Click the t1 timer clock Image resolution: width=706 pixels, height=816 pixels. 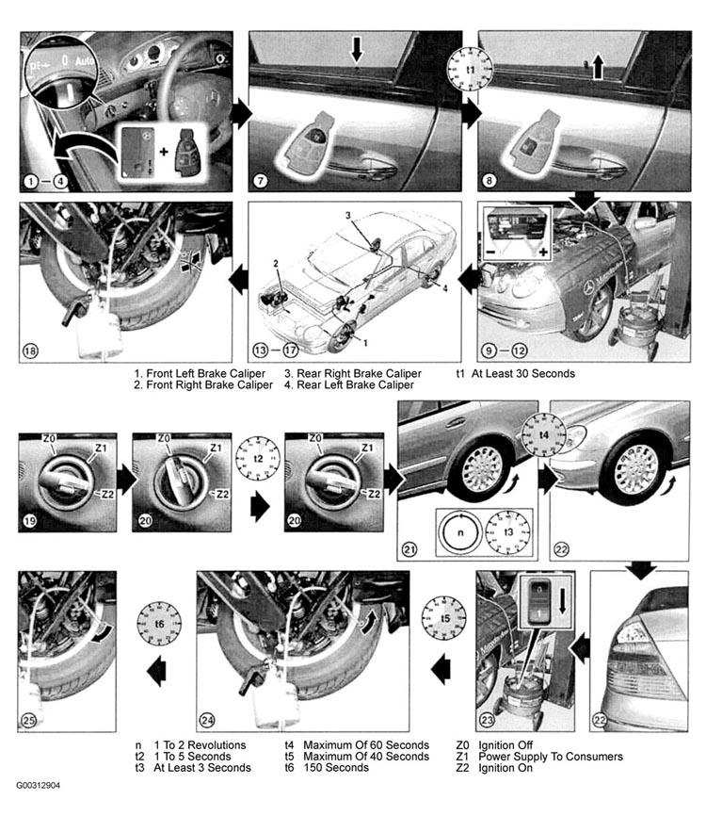click(470, 69)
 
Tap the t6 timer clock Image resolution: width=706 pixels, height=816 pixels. click(159, 624)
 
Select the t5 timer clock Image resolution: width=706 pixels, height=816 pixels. click(444, 618)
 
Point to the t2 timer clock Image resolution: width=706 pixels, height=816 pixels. click(258, 459)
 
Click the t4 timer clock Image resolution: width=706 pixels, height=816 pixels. click(544, 434)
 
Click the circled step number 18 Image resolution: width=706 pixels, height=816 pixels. click(30, 351)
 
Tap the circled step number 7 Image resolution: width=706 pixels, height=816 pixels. click(260, 181)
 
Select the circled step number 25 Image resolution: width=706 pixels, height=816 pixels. click(28, 720)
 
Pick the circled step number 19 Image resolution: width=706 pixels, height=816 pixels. click(29, 520)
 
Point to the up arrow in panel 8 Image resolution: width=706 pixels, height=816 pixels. click(598, 67)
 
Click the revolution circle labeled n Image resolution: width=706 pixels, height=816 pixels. click(460, 532)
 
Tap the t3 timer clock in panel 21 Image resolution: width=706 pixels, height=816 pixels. click(508, 532)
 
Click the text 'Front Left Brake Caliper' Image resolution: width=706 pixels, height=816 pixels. click(206, 374)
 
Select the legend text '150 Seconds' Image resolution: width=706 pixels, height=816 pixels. click(336, 768)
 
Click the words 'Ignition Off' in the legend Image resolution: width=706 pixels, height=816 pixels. click(505, 745)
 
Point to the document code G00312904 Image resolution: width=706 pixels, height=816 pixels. click(38, 785)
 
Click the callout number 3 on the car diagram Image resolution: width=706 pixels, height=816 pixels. click(348, 215)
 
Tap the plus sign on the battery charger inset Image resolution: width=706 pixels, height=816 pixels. click(543, 253)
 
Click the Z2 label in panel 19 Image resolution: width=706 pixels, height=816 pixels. click(107, 494)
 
